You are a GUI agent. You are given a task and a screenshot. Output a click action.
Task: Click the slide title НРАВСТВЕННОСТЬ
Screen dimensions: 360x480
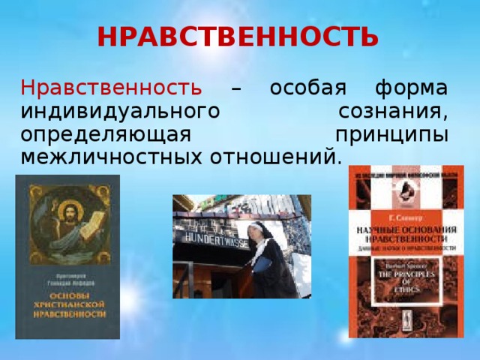[238, 35]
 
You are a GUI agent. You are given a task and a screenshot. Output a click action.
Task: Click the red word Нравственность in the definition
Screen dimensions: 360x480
[111, 88]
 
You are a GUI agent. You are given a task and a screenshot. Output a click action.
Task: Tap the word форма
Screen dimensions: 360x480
[413, 88]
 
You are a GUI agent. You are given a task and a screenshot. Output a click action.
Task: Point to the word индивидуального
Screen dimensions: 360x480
[113, 112]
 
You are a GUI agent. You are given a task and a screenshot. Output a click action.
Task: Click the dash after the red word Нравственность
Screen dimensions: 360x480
[236, 89]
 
